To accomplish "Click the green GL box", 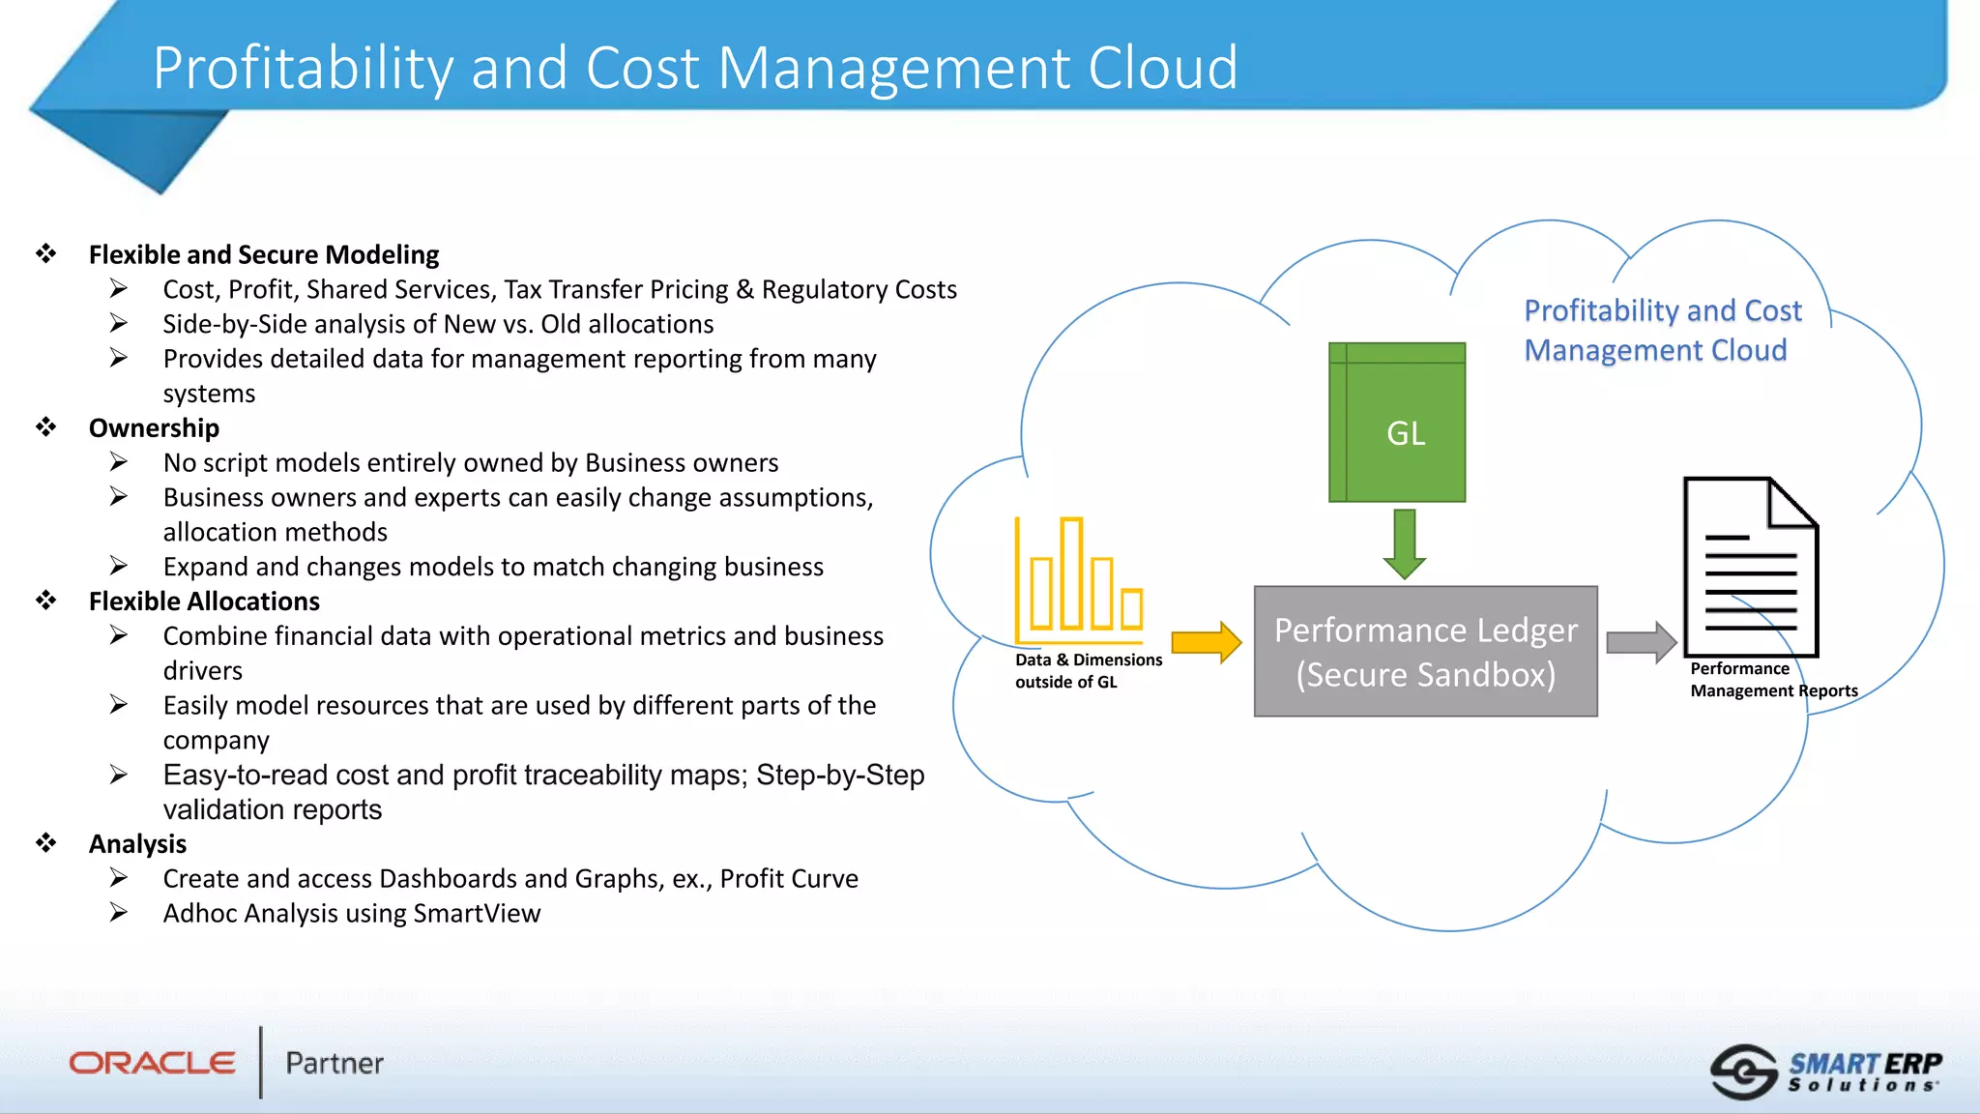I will pyautogui.click(x=1397, y=423).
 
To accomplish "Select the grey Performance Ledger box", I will pyautogui.click(x=1425, y=652).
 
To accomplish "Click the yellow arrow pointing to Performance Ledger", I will pyautogui.click(x=1206, y=642).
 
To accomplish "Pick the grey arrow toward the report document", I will pyautogui.click(x=1641, y=642).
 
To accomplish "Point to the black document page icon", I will pyautogui.click(x=1750, y=568).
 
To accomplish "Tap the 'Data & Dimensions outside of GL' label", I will pyautogui.click(x=1088, y=670).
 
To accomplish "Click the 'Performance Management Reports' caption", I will pyautogui.click(x=1773, y=679).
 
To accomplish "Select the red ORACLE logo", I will pyautogui.click(x=152, y=1063).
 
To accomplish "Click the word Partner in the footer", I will pyautogui.click(x=335, y=1064).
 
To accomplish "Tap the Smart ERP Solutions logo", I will pyautogui.click(x=1826, y=1071).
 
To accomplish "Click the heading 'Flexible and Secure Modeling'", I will pyautogui.click(x=263, y=254).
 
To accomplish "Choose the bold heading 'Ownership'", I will pyautogui.click(x=154, y=427).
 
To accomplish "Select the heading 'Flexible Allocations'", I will pyautogui.click(x=204, y=601).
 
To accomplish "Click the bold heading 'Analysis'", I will pyautogui.click(x=137, y=844).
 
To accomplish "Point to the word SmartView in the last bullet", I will pyautogui.click(x=477, y=914).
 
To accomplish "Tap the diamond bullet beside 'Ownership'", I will pyautogui.click(x=46, y=427).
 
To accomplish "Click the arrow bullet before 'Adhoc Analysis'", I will pyautogui.click(x=118, y=913).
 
